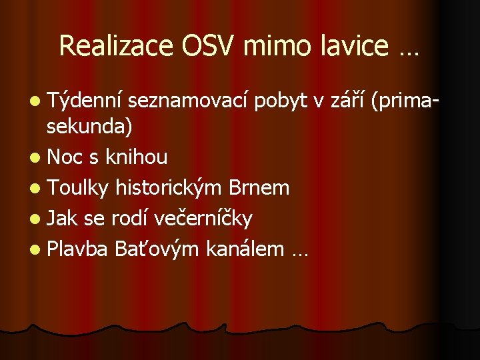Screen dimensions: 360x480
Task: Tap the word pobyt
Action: (x=283, y=101)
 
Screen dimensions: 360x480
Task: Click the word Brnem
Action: (x=259, y=188)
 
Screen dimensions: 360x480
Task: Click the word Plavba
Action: (x=77, y=249)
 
